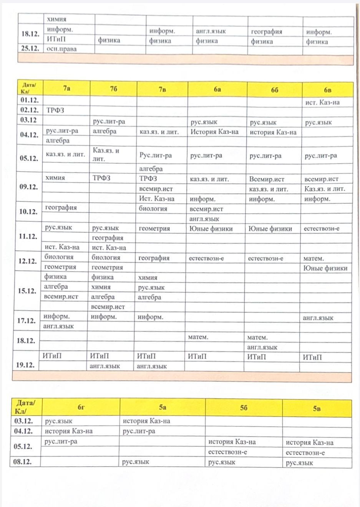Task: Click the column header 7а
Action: (x=66, y=88)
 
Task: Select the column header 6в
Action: (x=327, y=90)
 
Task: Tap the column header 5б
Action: (x=244, y=408)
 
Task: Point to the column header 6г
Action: (x=81, y=407)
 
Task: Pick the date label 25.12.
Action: (x=30, y=48)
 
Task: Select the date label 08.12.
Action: (x=23, y=462)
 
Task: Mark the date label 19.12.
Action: (x=25, y=365)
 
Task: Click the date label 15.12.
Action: (x=27, y=290)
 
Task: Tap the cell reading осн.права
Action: (x=61, y=49)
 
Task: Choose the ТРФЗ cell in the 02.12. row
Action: (x=55, y=110)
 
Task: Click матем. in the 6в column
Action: (x=314, y=258)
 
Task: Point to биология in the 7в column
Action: (x=153, y=209)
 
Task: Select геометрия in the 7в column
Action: (x=154, y=228)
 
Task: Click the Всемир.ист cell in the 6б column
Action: (x=267, y=179)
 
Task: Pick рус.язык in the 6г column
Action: (x=58, y=421)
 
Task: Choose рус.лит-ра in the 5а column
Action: (x=139, y=431)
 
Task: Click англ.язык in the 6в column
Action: (x=318, y=318)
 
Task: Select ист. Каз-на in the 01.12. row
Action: (x=322, y=102)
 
